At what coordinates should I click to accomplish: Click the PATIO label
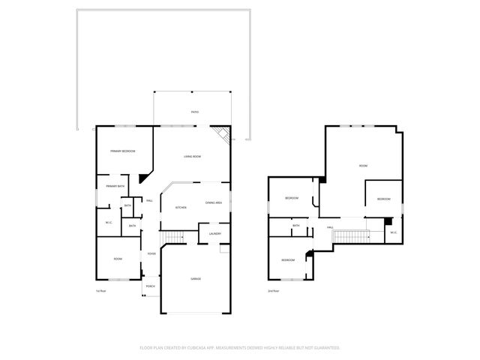click(194, 112)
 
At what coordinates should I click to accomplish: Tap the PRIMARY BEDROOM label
click(122, 151)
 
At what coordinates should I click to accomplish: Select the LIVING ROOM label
click(193, 156)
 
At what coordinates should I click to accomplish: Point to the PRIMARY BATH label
click(115, 186)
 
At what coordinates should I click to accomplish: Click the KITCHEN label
click(181, 208)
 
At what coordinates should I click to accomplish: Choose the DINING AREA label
click(213, 203)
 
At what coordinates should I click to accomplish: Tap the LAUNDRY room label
click(214, 234)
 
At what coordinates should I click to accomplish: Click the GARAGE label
click(195, 279)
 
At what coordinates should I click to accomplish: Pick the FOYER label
click(151, 254)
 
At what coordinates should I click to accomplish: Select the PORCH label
click(150, 286)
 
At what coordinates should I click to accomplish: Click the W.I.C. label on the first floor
click(108, 222)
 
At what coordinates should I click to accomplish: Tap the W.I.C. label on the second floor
click(393, 232)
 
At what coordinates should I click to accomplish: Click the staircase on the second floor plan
click(351, 237)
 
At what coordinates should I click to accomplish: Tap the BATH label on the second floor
click(295, 226)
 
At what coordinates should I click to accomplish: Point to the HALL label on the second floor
click(329, 228)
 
